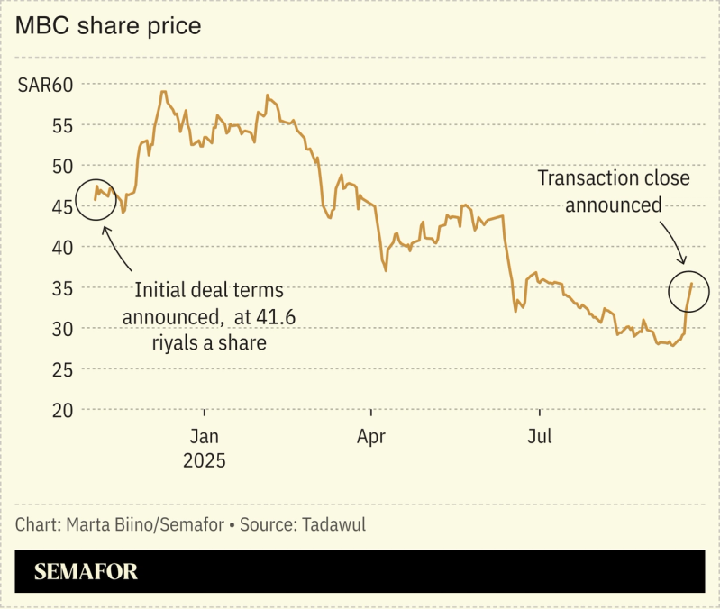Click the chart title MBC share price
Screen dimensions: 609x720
107,26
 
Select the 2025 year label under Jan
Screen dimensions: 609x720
205,461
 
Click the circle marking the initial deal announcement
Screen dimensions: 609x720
97,200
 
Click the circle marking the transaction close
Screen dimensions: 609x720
690,290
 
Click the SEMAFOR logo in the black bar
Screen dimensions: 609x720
86,572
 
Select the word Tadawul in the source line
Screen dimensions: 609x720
333,524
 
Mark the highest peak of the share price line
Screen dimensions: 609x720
162,92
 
